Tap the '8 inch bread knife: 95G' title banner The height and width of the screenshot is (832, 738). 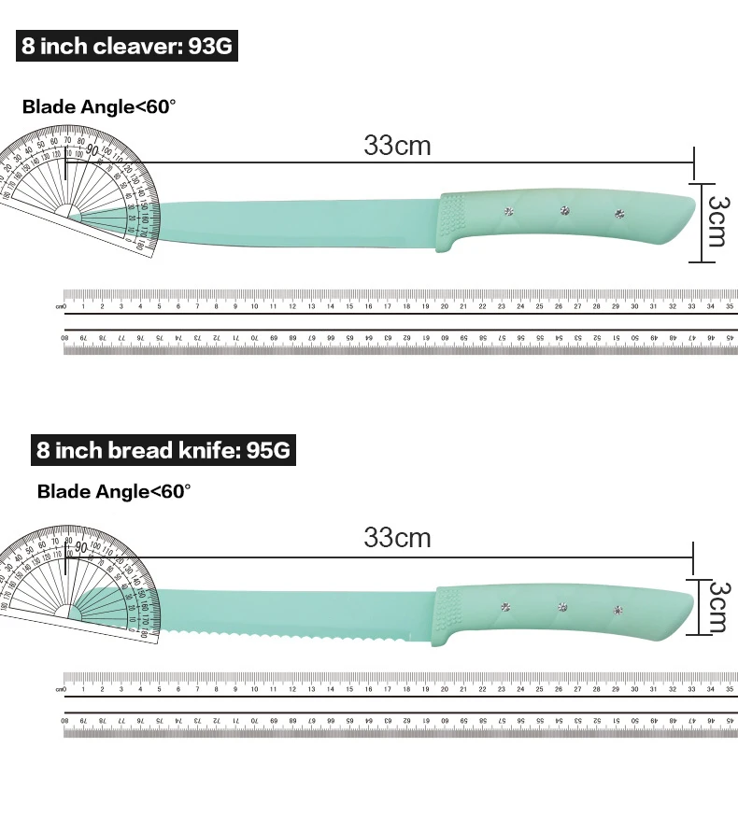pyautogui.click(x=163, y=450)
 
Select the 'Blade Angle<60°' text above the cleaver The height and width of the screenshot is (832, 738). pyautogui.click(x=99, y=106)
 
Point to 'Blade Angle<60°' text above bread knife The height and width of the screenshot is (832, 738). pyautogui.click(x=114, y=490)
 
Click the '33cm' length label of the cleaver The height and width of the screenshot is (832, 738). pyautogui.click(x=397, y=146)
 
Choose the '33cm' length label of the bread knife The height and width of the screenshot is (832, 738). pyautogui.click(x=397, y=538)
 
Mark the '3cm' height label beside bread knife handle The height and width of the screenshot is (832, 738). pyautogui.click(x=717, y=607)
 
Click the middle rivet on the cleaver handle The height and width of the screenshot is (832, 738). pyautogui.click(x=564, y=210)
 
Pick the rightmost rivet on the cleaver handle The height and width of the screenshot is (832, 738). pyautogui.click(x=618, y=215)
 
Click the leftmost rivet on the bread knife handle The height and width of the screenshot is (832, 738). pyautogui.click(x=505, y=607)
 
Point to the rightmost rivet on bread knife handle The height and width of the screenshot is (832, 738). pyautogui.click(x=617, y=611)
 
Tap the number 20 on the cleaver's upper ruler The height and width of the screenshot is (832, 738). pyautogui.click(x=445, y=306)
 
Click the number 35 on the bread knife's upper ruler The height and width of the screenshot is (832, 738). pyautogui.click(x=729, y=689)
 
